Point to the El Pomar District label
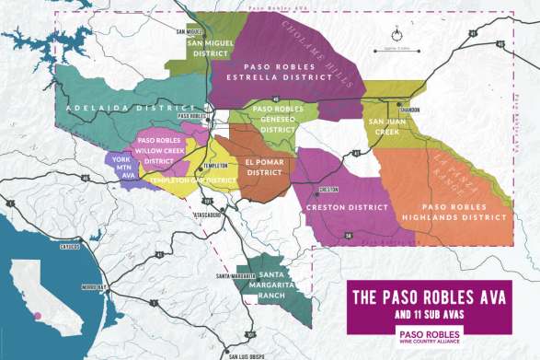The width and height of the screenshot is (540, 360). point(263,167)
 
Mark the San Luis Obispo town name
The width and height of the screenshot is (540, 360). point(247,355)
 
